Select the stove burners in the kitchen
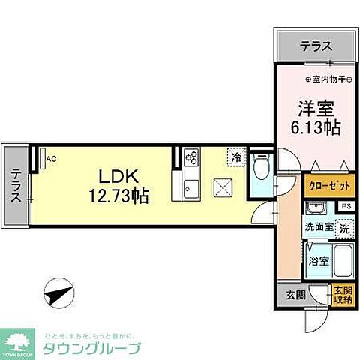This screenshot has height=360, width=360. tap(192, 157)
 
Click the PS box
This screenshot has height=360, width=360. tap(346, 205)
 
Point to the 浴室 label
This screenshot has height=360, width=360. tap(318, 261)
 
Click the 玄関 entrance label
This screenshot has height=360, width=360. tap(295, 295)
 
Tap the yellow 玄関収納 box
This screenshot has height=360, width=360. tap(341, 295)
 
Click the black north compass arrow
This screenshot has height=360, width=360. tap(58, 293)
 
